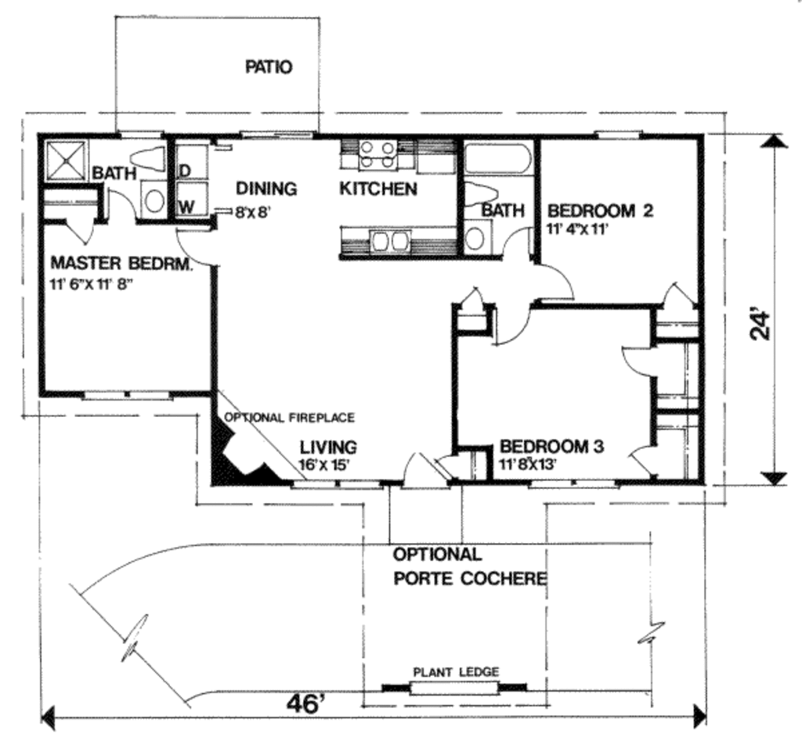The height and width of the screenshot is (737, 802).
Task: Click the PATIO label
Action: coord(269,67)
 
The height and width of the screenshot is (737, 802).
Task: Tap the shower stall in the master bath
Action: coord(67,160)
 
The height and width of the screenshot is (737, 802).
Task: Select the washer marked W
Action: coord(191,198)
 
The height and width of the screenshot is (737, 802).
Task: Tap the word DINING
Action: coord(266,189)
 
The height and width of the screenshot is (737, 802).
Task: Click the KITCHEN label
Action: coord(378,189)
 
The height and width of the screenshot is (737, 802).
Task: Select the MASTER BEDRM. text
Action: coord(121,264)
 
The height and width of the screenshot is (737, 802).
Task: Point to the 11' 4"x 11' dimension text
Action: coord(577,228)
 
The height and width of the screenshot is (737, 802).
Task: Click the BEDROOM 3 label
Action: coord(552,446)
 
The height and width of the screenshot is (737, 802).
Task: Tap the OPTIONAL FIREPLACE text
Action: coord(290,418)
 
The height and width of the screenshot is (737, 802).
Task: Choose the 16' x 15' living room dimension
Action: coord(324,465)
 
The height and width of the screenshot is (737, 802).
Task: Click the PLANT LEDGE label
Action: coord(456,671)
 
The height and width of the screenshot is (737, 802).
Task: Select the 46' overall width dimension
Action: coord(306,704)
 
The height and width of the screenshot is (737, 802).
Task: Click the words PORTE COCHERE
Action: coord(470,578)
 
